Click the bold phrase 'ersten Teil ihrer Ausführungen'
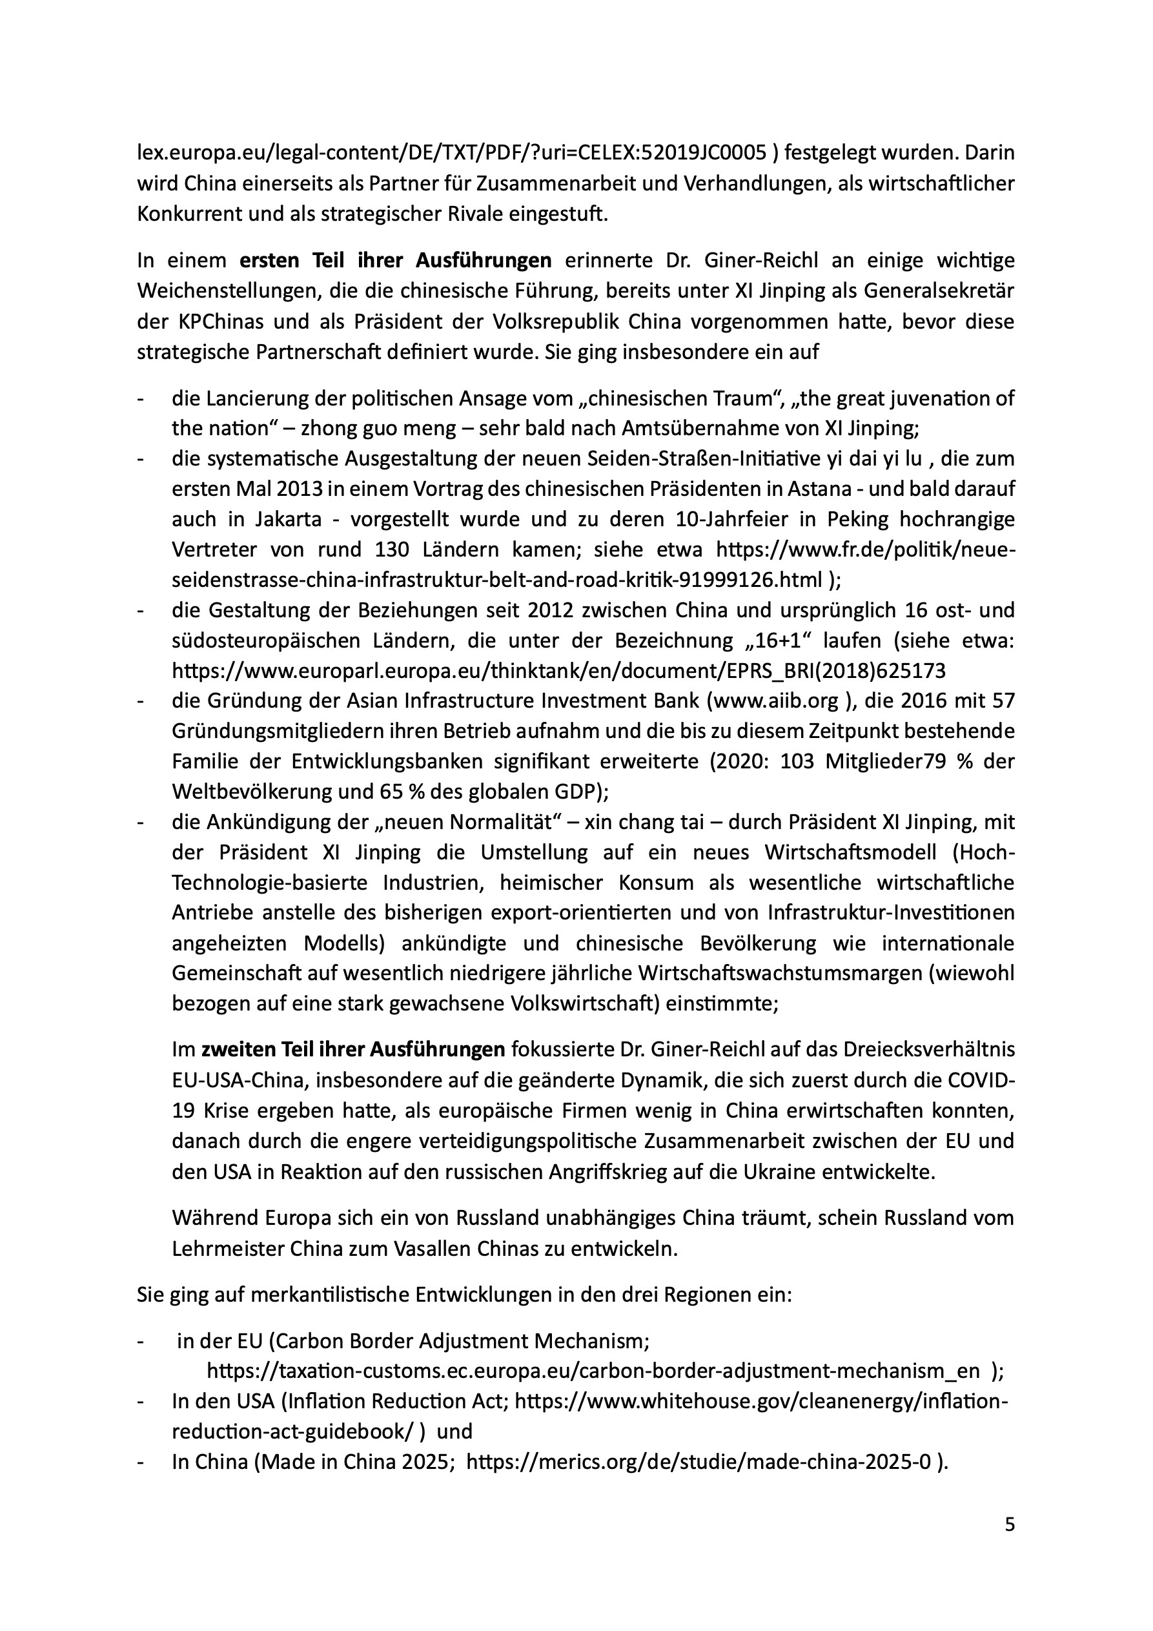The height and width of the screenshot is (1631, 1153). [396, 261]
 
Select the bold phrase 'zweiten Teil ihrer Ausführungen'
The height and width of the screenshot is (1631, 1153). [353, 1049]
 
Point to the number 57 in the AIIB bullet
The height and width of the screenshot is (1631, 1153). [1002, 701]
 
